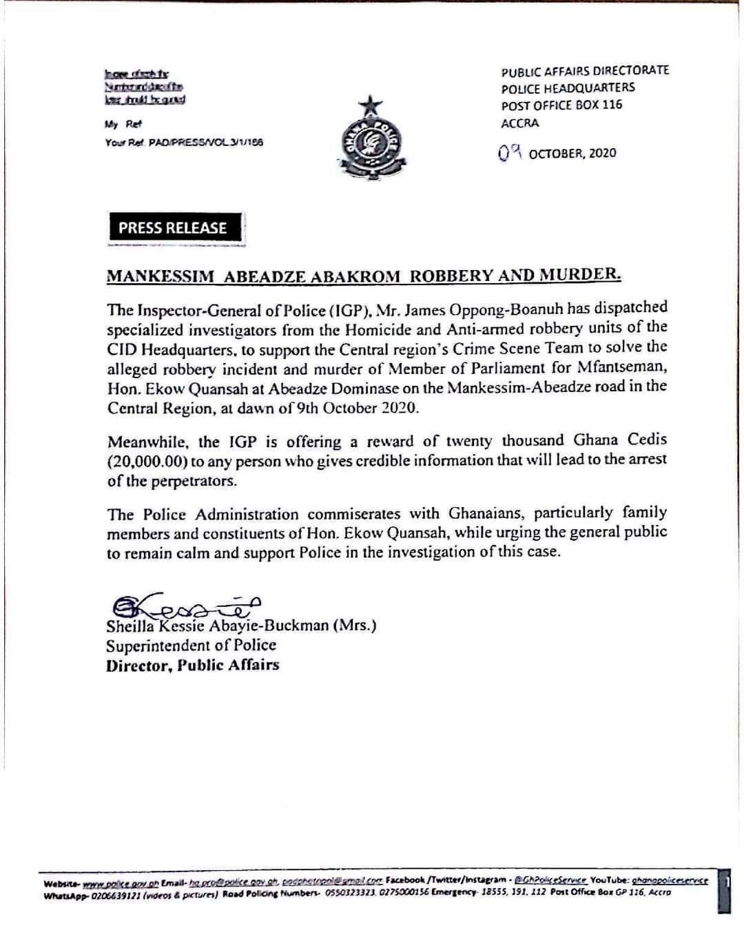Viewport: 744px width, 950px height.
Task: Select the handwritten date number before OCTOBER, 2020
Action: click(510, 153)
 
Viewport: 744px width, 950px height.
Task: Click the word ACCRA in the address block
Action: click(520, 123)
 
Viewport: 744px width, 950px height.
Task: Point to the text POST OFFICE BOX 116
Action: click(561, 105)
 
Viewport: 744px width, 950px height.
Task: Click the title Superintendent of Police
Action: click(191, 646)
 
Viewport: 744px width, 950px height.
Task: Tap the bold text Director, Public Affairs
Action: click(192, 665)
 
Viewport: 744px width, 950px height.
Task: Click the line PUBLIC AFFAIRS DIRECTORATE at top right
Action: click(585, 70)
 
